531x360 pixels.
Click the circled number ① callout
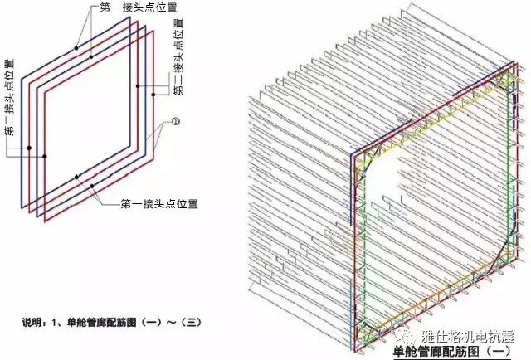click(x=175, y=122)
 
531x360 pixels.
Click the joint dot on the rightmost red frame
click(x=138, y=85)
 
